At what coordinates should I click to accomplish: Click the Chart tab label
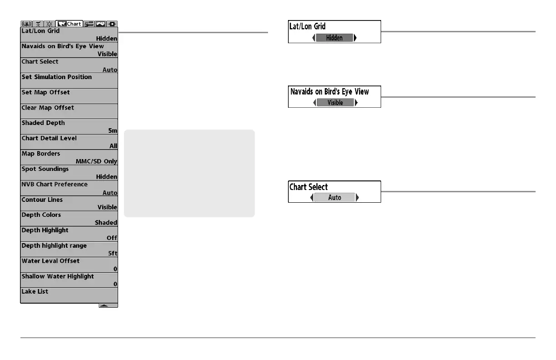[74, 24]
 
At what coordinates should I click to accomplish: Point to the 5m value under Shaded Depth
[113, 130]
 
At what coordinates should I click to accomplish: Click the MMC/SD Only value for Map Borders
[96, 161]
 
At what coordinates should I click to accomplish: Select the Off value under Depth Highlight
[112, 238]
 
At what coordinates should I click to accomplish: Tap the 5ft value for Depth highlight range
[113, 253]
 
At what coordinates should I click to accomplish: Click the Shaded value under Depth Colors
[106, 223]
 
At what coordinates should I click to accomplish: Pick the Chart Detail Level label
[49, 138]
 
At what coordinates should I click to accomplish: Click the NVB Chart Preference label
[55, 185]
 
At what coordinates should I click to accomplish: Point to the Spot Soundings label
[45, 169]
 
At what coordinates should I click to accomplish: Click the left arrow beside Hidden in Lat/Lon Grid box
[314, 38]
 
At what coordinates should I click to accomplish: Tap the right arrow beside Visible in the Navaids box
[357, 102]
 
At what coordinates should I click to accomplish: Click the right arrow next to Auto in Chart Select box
[357, 198]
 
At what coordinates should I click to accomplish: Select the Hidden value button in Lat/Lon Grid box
[334, 38]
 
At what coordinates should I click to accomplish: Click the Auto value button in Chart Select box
[335, 198]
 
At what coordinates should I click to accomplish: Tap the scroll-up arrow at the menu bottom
[104, 305]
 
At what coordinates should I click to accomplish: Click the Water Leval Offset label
[50, 261]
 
